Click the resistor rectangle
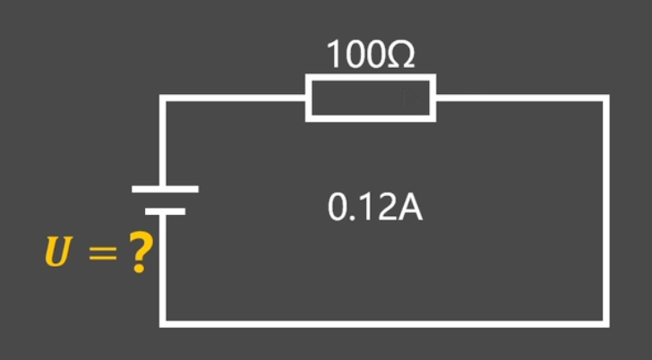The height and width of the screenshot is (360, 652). [x=371, y=99]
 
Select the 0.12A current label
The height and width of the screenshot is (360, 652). [x=374, y=209]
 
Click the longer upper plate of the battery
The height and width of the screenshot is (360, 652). [x=164, y=189]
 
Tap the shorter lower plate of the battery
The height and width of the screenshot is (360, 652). [x=164, y=211]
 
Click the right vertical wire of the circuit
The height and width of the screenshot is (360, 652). [x=605, y=210]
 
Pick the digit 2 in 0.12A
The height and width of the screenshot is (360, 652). [x=387, y=209]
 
